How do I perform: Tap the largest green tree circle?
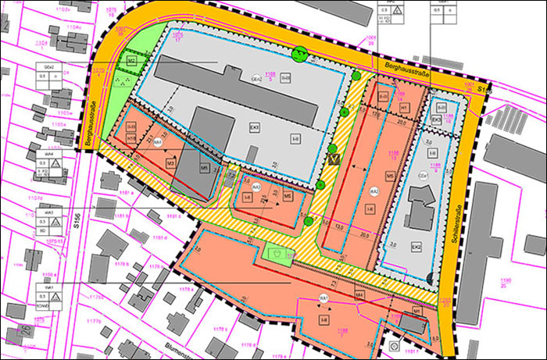(299, 55)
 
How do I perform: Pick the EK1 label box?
(254, 125)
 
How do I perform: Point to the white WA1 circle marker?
(323, 299)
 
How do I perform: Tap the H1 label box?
(405, 106)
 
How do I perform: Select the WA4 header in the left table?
(48, 155)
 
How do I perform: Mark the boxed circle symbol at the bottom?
(394, 344)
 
